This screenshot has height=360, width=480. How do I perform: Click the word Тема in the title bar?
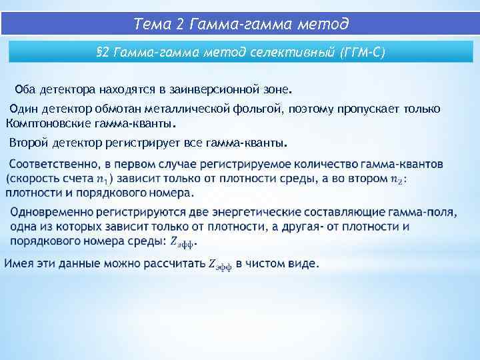click(151, 25)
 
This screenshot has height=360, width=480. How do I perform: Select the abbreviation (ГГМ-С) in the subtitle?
click(361, 52)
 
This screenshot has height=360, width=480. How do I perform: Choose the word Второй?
click(28, 143)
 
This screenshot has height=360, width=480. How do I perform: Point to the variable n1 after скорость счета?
click(101, 179)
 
